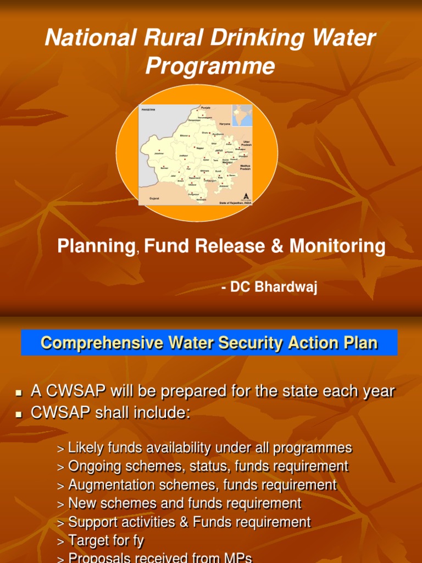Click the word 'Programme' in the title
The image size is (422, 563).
point(210,67)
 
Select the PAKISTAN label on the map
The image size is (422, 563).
point(148,110)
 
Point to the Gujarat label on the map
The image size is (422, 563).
point(155,197)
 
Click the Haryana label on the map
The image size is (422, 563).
point(225,124)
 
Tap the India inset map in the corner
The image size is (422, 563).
point(242,115)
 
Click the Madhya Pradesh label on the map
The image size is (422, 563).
point(245,167)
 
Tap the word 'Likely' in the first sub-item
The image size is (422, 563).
point(85,448)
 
